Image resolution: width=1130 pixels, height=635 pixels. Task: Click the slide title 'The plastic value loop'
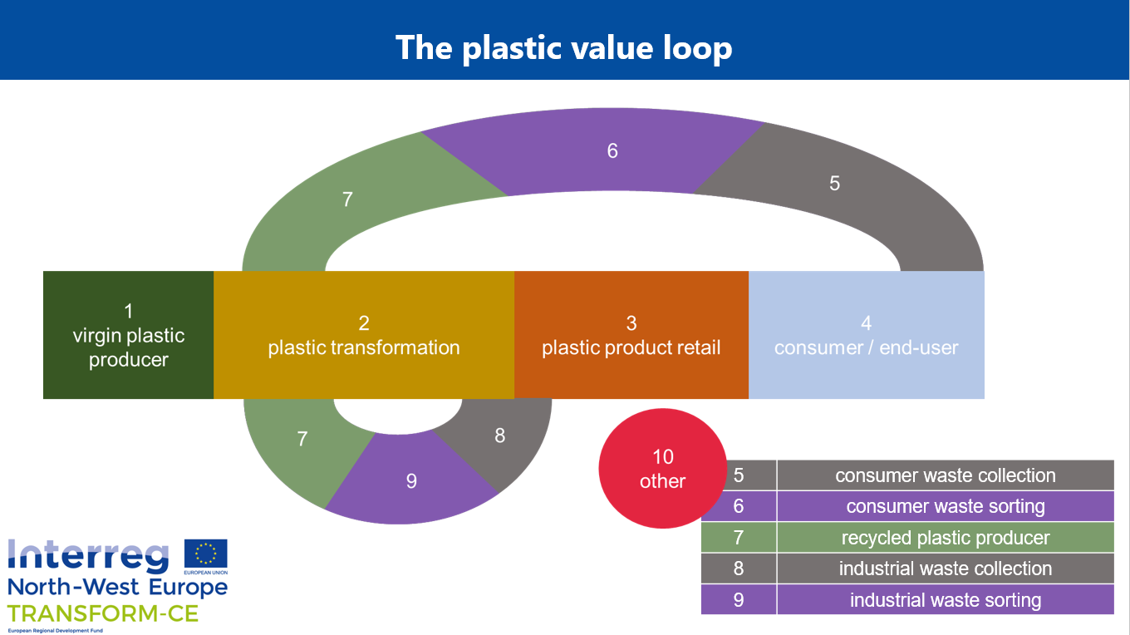coord(564,47)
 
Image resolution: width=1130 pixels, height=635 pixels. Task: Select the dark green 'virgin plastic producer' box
coord(128,335)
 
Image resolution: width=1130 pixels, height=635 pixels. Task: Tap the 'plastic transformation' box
coord(364,336)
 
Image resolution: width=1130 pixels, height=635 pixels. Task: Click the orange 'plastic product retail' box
coord(631,336)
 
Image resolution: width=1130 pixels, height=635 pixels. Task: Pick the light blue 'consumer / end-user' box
coord(867,336)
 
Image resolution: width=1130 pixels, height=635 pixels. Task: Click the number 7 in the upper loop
coord(347,199)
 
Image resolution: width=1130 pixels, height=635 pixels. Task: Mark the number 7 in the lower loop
coord(302,439)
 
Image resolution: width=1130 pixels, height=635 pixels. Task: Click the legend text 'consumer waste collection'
coord(945,475)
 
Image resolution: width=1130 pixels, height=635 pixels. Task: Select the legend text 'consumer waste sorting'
coord(945,506)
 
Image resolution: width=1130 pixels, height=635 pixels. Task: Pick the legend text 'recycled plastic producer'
coord(945,538)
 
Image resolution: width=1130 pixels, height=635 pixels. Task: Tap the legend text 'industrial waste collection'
coord(945,569)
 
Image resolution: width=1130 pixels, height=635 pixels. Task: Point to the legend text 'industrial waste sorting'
coord(945,600)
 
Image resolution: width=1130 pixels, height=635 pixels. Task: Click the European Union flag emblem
coord(205,554)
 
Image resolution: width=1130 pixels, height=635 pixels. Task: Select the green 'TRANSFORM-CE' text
coord(103,614)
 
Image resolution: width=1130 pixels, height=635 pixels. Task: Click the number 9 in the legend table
coord(739,600)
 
